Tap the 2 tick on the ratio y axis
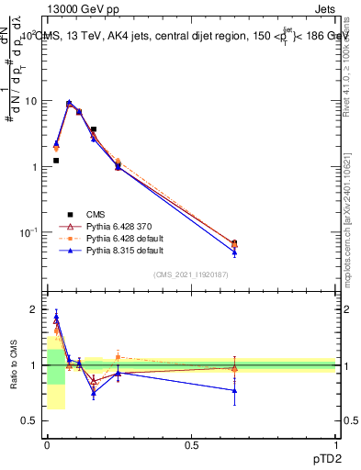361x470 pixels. click(37, 309)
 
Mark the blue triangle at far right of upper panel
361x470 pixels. click(234, 252)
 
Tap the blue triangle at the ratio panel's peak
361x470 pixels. click(56, 318)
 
